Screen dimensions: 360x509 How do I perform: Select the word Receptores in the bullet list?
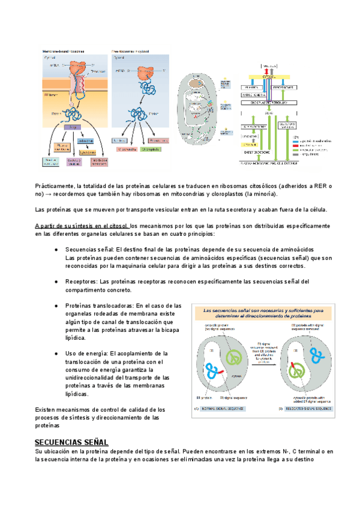click(x=81, y=281)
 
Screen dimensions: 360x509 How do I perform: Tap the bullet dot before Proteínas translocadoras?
click(x=56, y=306)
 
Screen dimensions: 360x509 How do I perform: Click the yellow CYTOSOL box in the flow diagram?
click(x=269, y=77)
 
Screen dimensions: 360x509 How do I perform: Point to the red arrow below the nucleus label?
click(x=269, y=70)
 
